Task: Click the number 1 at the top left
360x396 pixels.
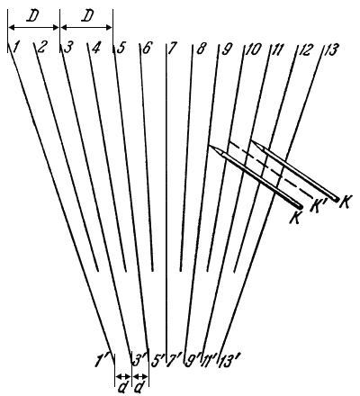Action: tap(17, 48)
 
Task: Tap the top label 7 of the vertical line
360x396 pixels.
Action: tap(171, 49)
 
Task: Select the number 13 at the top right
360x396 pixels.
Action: tap(331, 49)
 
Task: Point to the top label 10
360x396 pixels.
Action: tap(254, 49)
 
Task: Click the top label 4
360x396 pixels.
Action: tap(95, 49)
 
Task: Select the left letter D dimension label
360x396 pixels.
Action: tap(33, 17)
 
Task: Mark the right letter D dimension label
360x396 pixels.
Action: tap(87, 17)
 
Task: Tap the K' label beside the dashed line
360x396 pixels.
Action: tap(317, 207)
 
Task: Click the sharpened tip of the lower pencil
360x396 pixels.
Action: tap(209, 145)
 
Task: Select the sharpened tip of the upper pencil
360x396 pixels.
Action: tap(251, 139)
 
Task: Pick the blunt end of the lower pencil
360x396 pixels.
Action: tap(300, 207)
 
